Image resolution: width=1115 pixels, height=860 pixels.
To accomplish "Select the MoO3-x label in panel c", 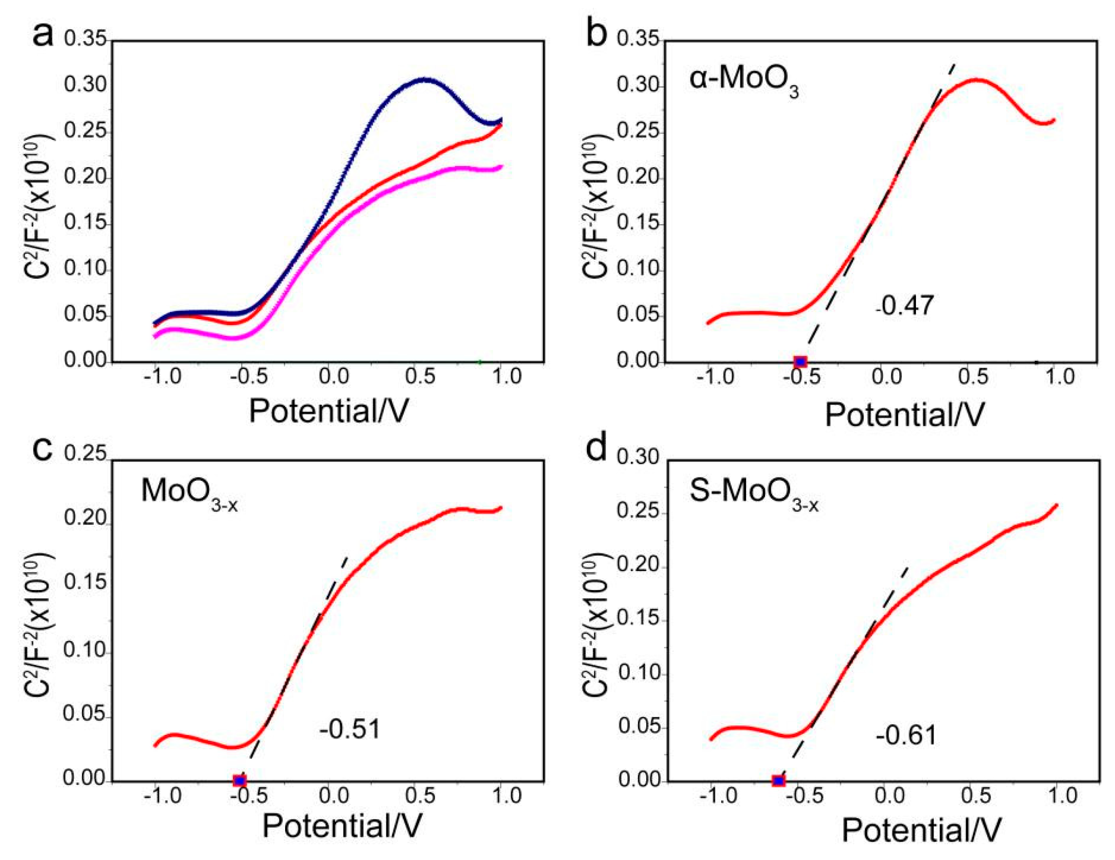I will pos(189,493).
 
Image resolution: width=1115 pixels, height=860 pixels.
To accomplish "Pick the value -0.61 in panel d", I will pos(907,735).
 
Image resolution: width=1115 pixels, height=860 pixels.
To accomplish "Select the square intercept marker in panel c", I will pos(239,781).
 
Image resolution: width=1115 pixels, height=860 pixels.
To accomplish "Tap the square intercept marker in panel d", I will pos(779,781).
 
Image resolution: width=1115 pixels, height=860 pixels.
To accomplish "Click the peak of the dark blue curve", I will pos(424,79).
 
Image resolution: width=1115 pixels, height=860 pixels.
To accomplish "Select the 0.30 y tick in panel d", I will pos(638,458).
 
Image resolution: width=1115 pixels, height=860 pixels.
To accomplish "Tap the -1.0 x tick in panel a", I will pos(162,378).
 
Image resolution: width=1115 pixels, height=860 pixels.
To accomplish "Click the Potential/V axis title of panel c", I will pos(342,826).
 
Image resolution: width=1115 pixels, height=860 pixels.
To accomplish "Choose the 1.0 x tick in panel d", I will pos(1060,796).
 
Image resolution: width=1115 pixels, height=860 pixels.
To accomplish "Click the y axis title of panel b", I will pos(595,207).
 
